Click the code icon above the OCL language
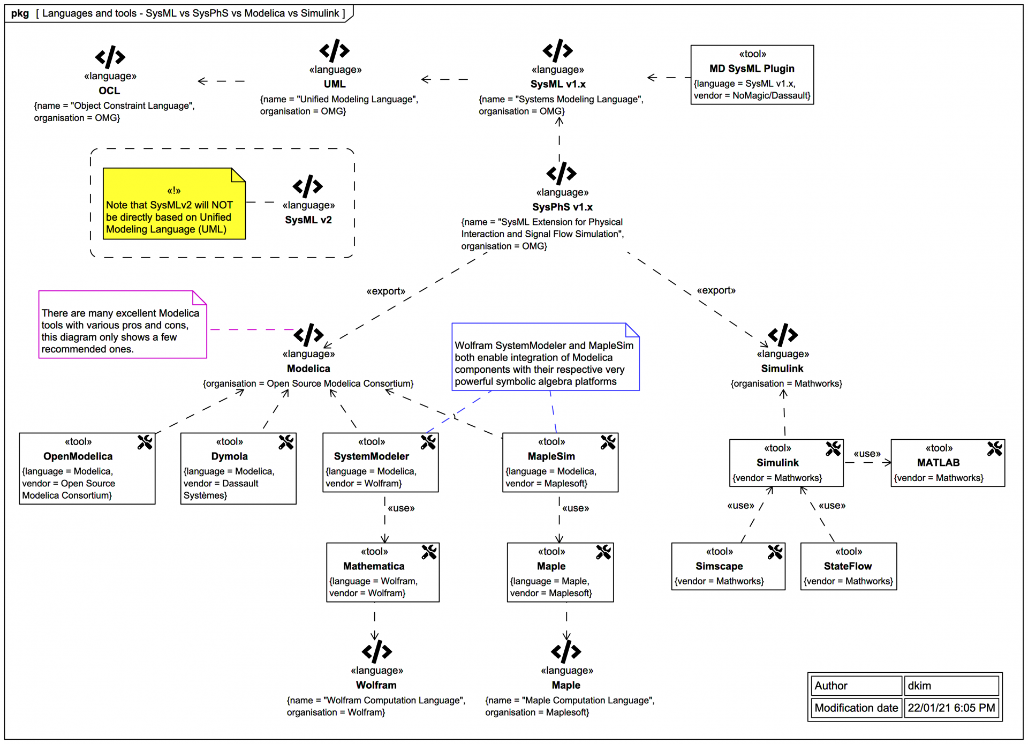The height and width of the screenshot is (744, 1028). (x=110, y=57)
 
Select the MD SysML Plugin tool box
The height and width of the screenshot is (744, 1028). (x=752, y=75)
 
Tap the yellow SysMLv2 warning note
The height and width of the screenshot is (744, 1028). (x=173, y=204)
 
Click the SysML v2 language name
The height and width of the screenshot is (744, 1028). (x=308, y=220)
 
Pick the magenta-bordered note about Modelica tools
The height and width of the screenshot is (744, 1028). (x=122, y=325)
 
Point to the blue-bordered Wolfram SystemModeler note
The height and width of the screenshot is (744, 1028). (x=545, y=357)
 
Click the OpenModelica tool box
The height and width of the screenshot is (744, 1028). (x=87, y=469)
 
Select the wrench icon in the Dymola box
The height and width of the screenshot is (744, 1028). (x=286, y=442)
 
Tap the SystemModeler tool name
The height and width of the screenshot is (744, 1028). (x=371, y=456)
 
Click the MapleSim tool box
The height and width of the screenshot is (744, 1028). (x=560, y=463)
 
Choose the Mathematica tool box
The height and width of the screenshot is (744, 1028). (x=382, y=573)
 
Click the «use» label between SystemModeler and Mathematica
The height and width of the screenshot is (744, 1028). (x=401, y=508)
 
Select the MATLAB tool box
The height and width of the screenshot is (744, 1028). (x=947, y=463)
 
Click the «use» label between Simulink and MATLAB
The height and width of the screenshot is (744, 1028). (x=867, y=454)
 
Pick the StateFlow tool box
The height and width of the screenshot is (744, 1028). (x=848, y=567)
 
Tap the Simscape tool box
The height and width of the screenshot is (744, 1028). (x=728, y=567)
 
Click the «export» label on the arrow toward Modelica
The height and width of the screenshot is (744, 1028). (x=385, y=291)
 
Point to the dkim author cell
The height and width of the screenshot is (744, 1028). (x=950, y=686)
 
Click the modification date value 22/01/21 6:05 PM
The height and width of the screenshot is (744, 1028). (x=950, y=708)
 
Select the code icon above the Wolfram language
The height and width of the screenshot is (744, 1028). (x=376, y=651)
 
